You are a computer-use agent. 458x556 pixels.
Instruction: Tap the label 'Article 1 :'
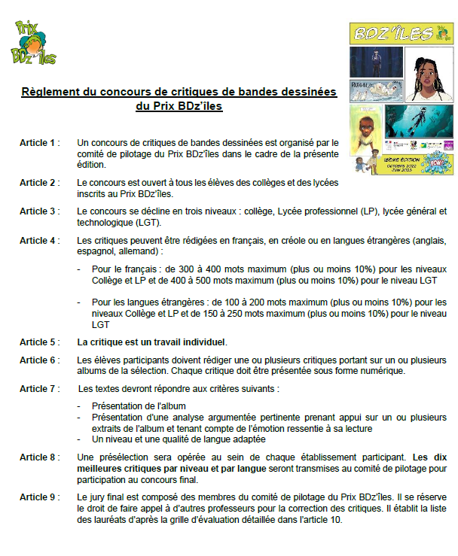point(40,142)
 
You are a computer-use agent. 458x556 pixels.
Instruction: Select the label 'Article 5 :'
point(40,342)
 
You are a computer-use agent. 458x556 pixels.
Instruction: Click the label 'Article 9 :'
point(40,498)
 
